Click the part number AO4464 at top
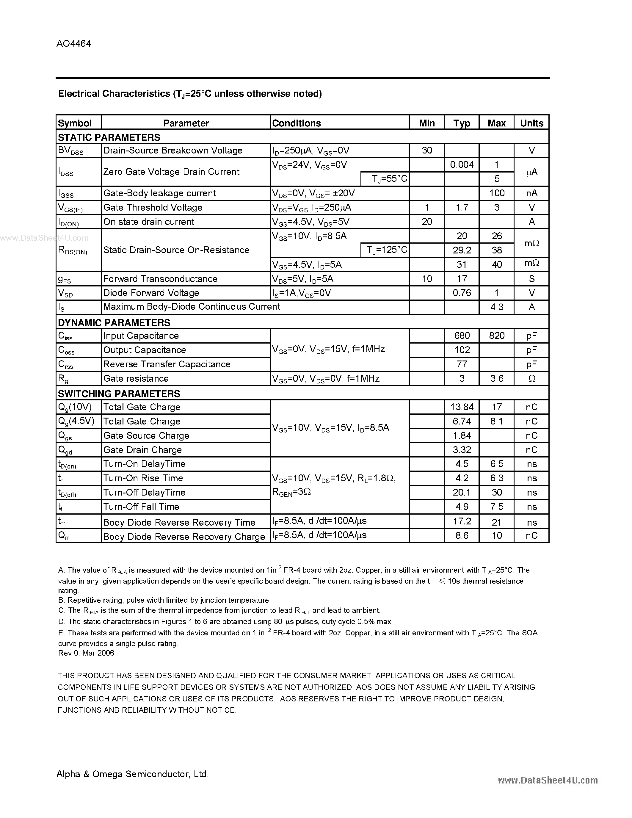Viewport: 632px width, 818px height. coord(74,44)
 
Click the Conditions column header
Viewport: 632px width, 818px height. coord(296,123)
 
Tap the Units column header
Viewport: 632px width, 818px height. coord(532,123)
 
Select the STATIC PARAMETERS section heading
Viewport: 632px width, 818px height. coord(109,137)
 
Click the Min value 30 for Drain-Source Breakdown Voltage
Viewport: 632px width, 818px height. coord(427,150)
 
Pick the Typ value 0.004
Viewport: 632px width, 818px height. coord(462,164)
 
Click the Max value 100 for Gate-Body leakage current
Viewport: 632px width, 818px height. coord(497,193)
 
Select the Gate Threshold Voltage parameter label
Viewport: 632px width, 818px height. coord(153,208)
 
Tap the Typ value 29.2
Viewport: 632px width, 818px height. coord(462,250)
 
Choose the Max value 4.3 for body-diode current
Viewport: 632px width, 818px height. coord(497,307)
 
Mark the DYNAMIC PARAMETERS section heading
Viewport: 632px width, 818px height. coord(114,322)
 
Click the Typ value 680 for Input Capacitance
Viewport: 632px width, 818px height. coord(462,336)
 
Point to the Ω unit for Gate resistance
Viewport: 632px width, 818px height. coord(532,379)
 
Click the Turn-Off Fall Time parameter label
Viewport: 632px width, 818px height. coord(141,507)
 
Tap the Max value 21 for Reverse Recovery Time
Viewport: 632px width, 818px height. coord(497,522)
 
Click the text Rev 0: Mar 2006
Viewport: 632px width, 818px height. coord(86,653)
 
